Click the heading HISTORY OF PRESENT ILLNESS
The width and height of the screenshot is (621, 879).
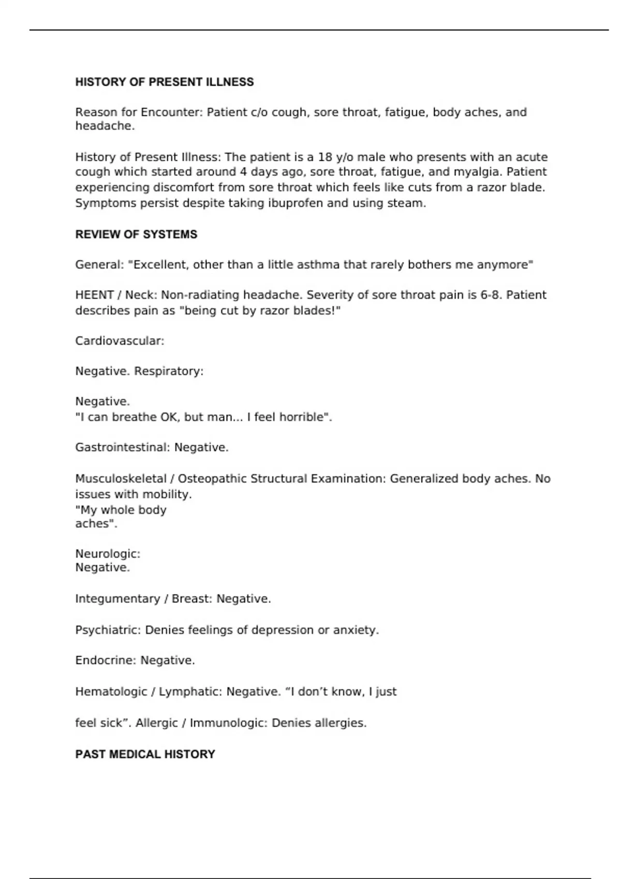tap(165, 82)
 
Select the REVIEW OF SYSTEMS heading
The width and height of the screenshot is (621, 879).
tap(136, 234)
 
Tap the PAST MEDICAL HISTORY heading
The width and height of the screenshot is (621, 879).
tap(145, 754)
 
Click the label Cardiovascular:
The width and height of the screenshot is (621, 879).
tap(120, 341)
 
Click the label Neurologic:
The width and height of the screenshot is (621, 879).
tap(108, 554)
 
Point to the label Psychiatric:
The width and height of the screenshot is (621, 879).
tap(108, 630)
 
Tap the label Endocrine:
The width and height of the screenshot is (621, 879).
tap(106, 660)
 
